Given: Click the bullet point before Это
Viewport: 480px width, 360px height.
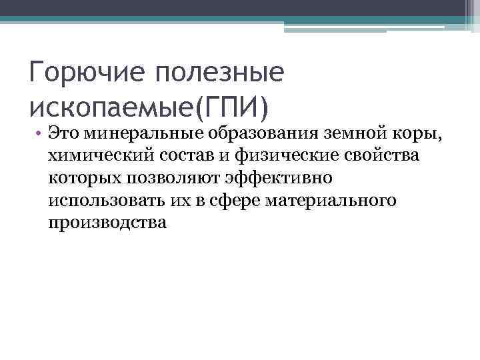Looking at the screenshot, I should coord(40,133).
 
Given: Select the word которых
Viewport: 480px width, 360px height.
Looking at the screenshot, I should coord(79,177).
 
